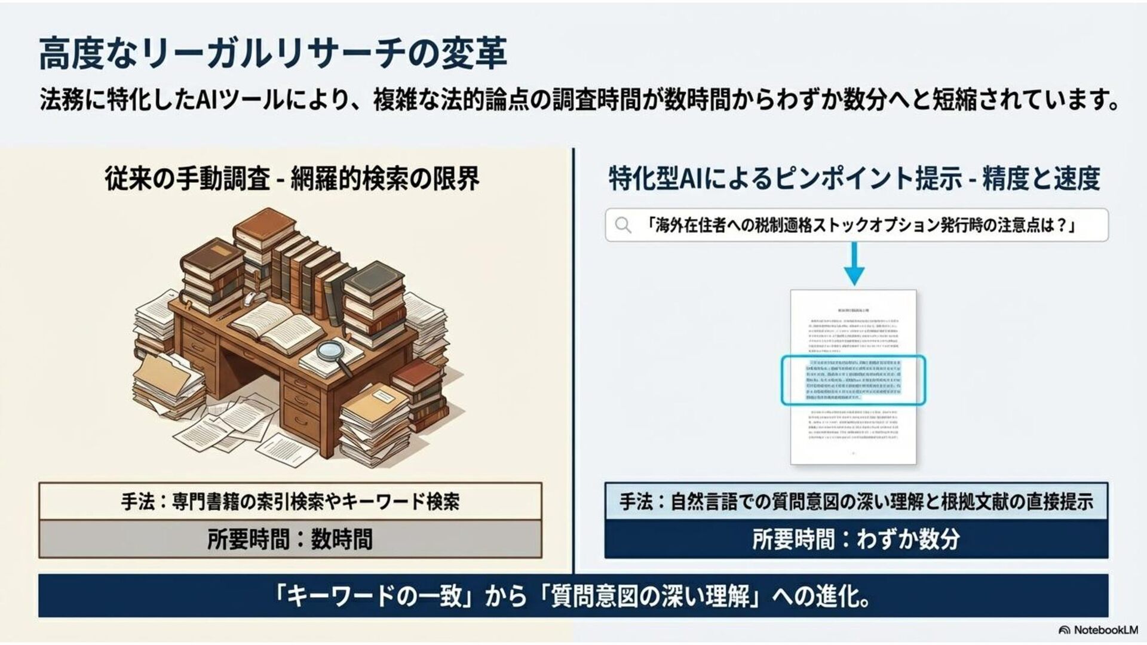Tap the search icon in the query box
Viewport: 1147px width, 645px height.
click(x=623, y=225)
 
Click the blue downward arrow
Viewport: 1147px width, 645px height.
click(x=855, y=265)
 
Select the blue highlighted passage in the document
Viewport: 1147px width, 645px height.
click(x=853, y=380)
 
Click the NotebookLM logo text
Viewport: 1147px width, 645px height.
click(x=1105, y=630)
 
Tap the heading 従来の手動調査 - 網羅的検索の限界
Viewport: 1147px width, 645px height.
click(x=292, y=179)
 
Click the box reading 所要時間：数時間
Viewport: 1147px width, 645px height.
click(x=290, y=539)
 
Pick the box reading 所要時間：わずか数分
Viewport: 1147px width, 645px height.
click(x=856, y=539)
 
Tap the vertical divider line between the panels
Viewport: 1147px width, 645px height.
click(x=573, y=358)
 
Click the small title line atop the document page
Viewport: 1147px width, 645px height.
click(x=853, y=311)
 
